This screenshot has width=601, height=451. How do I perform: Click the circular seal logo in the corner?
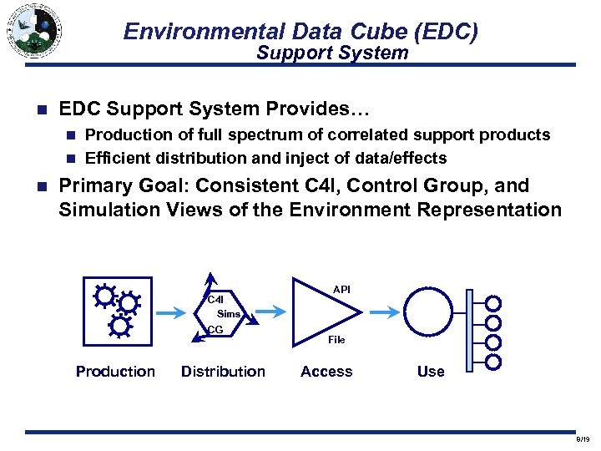(33, 32)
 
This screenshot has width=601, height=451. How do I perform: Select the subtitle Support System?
(332, 53)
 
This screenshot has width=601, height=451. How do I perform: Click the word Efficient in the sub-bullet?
(119, 159)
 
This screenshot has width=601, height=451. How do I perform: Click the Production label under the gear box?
(115, 372)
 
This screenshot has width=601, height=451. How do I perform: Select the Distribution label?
(223, 372)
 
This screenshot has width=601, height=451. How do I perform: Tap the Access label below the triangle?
(326, 372)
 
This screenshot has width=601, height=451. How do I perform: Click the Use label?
(431, 372)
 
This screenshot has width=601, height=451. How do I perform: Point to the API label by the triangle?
(341, 289)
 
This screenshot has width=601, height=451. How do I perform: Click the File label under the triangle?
(336, 340)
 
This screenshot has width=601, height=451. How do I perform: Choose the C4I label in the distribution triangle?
(215, 299)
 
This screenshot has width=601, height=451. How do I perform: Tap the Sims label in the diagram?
(229, 314)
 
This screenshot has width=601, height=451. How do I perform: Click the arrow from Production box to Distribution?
(173, 313)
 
